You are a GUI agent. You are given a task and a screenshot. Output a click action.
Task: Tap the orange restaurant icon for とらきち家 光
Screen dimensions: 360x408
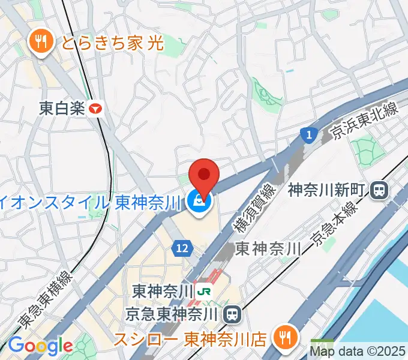tap(41, 41)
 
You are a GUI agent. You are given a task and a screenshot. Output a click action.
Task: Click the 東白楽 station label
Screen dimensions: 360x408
tap(62, 109)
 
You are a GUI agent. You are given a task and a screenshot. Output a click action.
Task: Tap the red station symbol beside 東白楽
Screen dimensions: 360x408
tap(95, 109)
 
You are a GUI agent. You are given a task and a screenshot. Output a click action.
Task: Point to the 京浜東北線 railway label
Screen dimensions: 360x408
tap(365, 121)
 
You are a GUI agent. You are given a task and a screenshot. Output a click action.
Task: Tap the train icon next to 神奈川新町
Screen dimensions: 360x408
tap(379, 191)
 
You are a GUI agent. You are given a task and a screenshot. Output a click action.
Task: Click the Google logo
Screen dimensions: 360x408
tap(40, 346)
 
